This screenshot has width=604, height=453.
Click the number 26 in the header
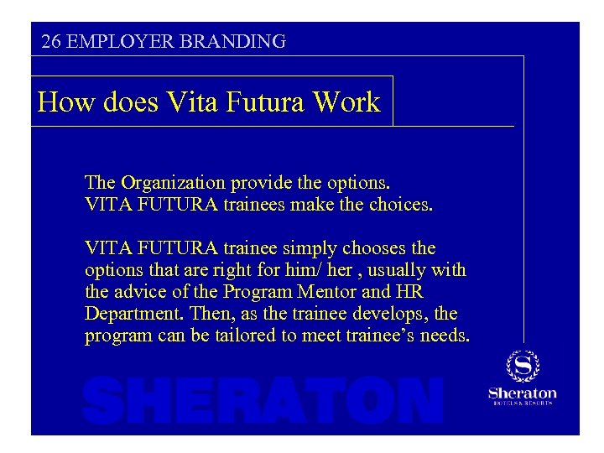click(x=50, y=41)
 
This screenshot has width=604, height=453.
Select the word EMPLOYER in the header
click(x=110, y=41)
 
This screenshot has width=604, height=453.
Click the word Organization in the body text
click(x=173, y=182)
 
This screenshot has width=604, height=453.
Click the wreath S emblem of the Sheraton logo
click(x=522, y=366)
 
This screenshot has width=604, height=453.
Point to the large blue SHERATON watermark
click(x=263, y=400)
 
